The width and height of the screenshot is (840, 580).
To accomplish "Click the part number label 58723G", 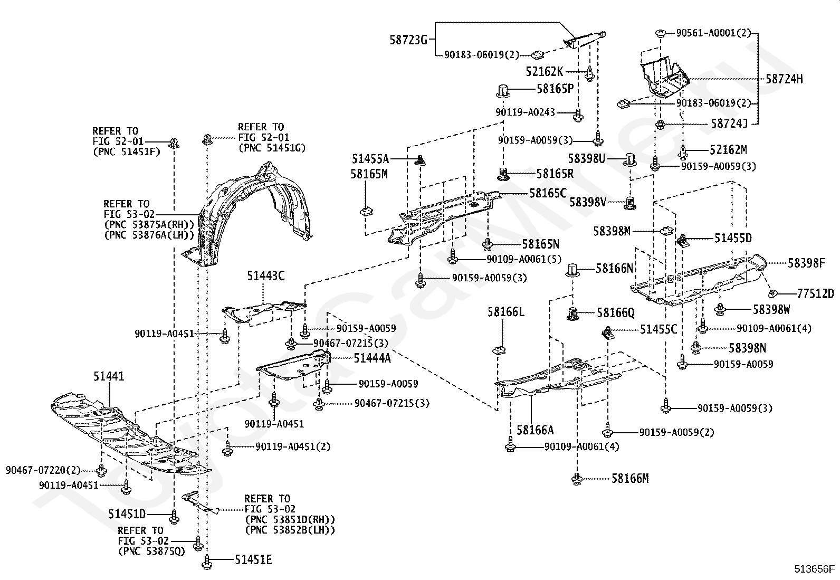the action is pyautogui.click(x=408, y=40).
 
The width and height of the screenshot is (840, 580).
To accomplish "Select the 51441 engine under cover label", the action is pyautogui.click(x=108, y=376).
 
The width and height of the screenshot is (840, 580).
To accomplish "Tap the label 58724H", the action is pyautogui.click(x=784, y=79).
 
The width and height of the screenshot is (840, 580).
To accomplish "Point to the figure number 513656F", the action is pyautogui.click(x=815, y=569).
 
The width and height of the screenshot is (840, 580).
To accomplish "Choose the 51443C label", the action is pyautogui.click(x=265, y=275).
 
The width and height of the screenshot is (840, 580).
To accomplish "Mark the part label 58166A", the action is pyautogui.click(x=535, y=430).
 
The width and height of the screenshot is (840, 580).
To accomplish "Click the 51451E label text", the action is pyautogui.click(x=253, y=560).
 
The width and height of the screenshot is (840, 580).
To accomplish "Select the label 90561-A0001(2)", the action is pyautogui.click(x=713, y=33).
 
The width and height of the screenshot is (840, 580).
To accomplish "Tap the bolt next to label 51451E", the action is pyautogui.click(x=207, y=562).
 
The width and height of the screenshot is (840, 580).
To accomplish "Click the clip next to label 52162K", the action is pyautogui.click(x=590, y=73).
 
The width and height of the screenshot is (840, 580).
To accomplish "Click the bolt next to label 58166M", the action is pyautogui.click(x=577, y=479).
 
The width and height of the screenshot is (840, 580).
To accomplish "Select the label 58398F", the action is pyautogui.click(x=806, y=263).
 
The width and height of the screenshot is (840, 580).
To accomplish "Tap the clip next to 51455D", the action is pyautogui.click(x=683, y=241).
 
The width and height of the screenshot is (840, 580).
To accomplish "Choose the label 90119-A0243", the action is pyautogui.click(x=525, y=112).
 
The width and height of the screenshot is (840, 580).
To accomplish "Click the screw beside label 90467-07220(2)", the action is pyautogui.click(x=101, y=470).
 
